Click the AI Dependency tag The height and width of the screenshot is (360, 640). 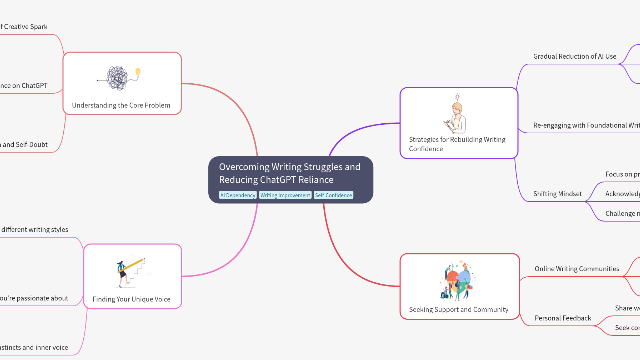pos(238,195)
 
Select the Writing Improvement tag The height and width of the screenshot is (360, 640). pos(285,195)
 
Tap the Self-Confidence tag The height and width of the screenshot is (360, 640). pos(333,195)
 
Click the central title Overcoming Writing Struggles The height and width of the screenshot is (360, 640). pos(290,173)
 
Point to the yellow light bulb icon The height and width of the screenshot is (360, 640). pos(138,72)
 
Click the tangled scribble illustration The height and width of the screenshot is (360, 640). pos(118,78)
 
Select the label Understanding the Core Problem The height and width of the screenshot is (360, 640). pos(121,105)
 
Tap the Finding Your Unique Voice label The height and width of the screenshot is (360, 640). pos(132,299)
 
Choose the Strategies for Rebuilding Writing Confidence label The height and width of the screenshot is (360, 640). pos(457,144)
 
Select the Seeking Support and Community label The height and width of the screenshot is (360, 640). pos(459,309)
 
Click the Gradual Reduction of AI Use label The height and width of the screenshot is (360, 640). pos(575,56)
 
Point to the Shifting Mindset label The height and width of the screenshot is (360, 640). pos(557,194)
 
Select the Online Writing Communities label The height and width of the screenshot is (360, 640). pos(577,269)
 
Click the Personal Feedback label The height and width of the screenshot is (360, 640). pos(563,318)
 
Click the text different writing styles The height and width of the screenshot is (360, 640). pos(35,230)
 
